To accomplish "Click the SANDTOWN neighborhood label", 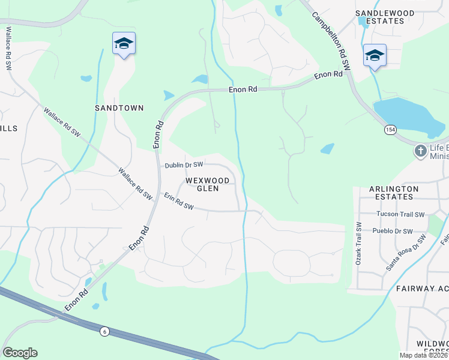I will [119, 108].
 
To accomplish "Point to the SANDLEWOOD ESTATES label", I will [388, 17].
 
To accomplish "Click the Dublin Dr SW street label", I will [184, 164].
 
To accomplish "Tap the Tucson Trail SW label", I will [400, 214].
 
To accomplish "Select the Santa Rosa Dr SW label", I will [406, 253].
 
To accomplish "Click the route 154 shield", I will [391, 130].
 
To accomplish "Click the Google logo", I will [20, 353].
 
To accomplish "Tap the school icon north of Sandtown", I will [124, 43].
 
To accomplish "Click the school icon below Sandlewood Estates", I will [375, 56].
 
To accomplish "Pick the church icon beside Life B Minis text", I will [421, 151].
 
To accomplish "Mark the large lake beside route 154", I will [408, 117].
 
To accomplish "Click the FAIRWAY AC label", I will [422, 289].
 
